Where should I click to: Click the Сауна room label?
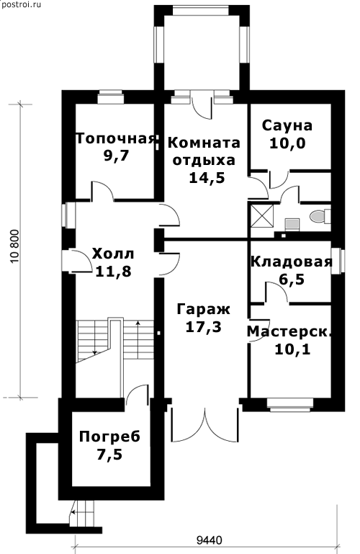[287, 125]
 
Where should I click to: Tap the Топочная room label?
[116, 138]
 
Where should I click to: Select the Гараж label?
[203, 309]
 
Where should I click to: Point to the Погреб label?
[109, 437]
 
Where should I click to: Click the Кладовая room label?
[292, 262]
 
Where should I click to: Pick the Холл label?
[113, 254]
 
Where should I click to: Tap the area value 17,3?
[203, 327]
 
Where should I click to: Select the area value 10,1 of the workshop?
[292, 349]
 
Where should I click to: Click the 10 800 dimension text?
[15, 246]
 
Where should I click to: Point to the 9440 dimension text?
[209, 540]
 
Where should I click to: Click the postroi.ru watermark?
[21, 4]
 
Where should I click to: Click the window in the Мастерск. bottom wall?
[289, 403]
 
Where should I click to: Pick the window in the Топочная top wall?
[110, 97]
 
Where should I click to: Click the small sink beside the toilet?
[292, 223]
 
